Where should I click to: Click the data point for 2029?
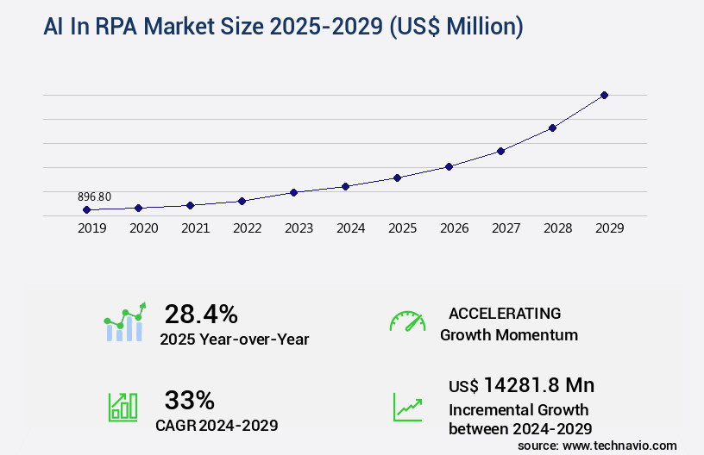click(x=604, y=95)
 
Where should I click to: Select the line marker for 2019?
click(x=86, y=209)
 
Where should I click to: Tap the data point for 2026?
click(x=449, y=166)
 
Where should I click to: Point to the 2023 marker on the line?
click(x=293, y=192)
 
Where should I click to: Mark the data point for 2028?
click(x=552, y=128)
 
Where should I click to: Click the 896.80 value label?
click(x=94, y=196)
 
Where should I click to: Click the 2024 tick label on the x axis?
click(x=350, y=228)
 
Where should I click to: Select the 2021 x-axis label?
click(x=195, y=228)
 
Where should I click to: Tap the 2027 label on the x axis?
click(x=506, y=228)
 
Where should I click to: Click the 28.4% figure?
click(x=201, y=314)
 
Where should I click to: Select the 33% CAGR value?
click(x=189, y=400)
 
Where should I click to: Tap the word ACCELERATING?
click(x=505, y=313)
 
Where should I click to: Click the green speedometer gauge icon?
click(x=407, y=321)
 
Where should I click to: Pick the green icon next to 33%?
click(x=122, y=407)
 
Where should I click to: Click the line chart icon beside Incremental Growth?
click(x=407, y=407)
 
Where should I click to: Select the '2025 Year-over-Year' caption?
click(x=234, y=340)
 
